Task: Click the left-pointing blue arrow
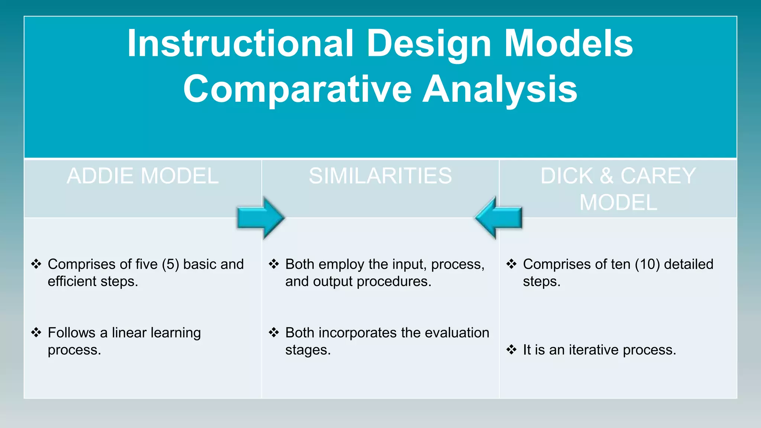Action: [x=499, y=218]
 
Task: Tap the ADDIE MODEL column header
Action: [x=143, y=176]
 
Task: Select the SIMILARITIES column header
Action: [x=380, y=176]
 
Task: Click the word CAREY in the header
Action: [x=658, y=176]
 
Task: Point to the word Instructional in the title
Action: [x=240, y=43]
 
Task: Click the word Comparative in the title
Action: [x=297, y=89]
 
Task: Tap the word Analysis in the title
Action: [x=500, y=89]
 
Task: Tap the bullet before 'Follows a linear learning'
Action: [x=36, y=332]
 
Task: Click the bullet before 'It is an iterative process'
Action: [x=511, y=349]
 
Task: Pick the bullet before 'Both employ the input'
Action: [x=274, y=264]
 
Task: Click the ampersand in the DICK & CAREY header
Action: [x=606, y=176]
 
